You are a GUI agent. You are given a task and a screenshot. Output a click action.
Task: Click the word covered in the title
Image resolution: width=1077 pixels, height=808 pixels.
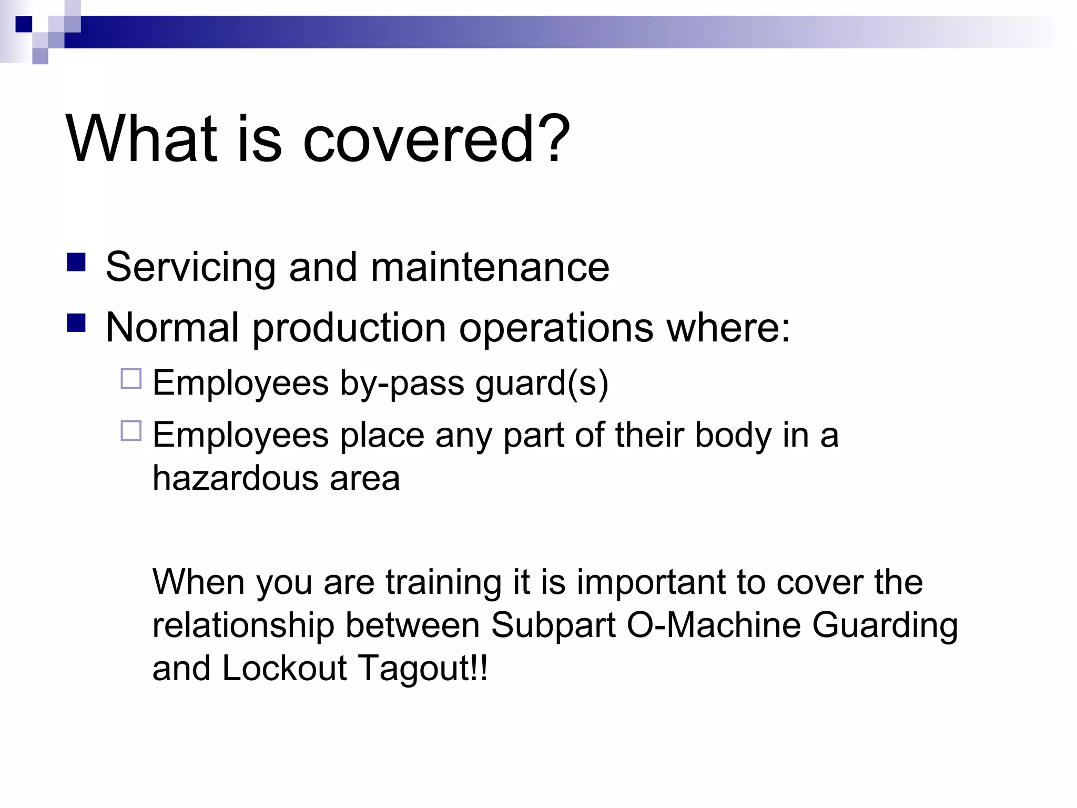(x=419, y=139)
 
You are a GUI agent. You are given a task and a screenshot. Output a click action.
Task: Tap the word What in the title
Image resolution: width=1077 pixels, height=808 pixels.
(x=141, y=139)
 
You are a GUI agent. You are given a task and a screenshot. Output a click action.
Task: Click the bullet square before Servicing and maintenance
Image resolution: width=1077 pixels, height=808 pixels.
(x=76, y=262)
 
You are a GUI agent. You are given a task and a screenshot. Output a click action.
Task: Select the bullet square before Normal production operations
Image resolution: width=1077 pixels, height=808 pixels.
(x=76, y=323)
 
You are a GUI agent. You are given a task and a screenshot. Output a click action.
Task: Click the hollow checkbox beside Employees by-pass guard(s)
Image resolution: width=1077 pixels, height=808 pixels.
(x=131, y=379)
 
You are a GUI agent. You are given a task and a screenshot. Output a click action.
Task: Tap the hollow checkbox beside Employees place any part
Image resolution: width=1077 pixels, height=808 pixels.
(x=131, y=431)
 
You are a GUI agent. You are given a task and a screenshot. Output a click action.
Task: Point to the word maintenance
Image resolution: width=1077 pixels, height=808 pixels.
(x=490, y=267)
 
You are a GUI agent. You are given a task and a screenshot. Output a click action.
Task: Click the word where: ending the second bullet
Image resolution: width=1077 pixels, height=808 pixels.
(x=728, y=328)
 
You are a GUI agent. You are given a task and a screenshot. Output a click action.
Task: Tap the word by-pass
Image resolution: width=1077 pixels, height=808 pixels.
(x=402, y=383)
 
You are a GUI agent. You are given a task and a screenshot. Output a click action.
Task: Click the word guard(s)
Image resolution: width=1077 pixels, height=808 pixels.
(x=542, y=383)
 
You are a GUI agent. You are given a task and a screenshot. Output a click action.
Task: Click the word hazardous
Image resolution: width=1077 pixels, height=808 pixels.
(x=236, y=478)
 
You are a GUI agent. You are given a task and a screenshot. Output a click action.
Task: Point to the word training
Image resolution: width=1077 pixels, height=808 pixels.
(x=443, y=582)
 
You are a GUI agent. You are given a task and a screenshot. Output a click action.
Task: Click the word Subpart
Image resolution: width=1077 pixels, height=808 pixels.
(x=553, y=625)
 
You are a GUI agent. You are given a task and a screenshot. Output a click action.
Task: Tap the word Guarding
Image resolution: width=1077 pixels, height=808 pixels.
(x=885, y=625)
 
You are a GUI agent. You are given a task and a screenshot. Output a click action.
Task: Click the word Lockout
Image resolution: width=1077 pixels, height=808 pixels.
(x=285, y=668)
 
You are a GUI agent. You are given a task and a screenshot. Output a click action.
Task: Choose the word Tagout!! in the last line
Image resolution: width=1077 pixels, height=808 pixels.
(x=423, y=668)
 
